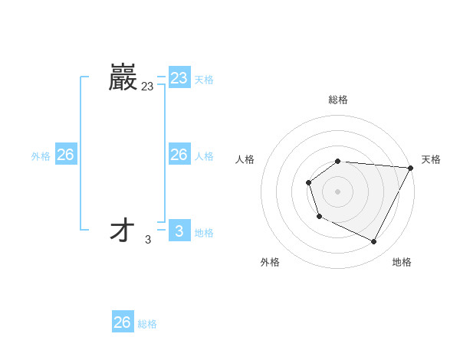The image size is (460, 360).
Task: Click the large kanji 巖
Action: click(x=123, y=77)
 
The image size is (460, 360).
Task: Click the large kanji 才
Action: click(x=123, y=231)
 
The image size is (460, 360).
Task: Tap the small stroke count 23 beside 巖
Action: click(x=147, y=87)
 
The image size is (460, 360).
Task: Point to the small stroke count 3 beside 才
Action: click(x=148, y=241)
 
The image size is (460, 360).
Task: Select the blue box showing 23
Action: click(x=179, y=78)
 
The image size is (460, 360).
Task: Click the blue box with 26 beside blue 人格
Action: click(x=179, y=155)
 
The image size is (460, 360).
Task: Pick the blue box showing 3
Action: click(x=179, y=231)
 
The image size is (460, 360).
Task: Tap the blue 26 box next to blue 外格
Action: click(x=65, y=155)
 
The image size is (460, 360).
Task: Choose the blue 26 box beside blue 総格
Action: click(x=122, y=322)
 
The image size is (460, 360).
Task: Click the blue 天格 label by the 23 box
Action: click(x=204, y=80)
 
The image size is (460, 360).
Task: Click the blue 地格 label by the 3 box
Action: click(x=204, y=233)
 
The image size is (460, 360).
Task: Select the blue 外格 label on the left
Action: click(x=41, y=156)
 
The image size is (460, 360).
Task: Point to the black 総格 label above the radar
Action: click(x=338, y=100)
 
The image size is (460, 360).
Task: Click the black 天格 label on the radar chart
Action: click(x=431, y=159)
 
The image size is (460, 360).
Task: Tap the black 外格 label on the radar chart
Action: click(x=270, y=262)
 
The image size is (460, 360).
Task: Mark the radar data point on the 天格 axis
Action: click(x=411, y=168)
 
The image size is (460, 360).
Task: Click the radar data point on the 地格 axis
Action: click(x=374, y=242)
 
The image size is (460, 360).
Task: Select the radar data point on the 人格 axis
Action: click(x=308, y=182)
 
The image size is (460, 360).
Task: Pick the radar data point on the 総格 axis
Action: click(x=338, y=161)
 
